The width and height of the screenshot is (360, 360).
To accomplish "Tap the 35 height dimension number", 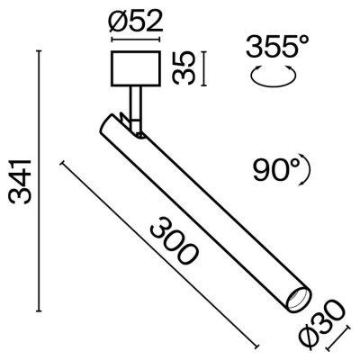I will (x=184, y=67).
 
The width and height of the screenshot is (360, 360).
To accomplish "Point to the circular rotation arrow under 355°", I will (x=274, y=77).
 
